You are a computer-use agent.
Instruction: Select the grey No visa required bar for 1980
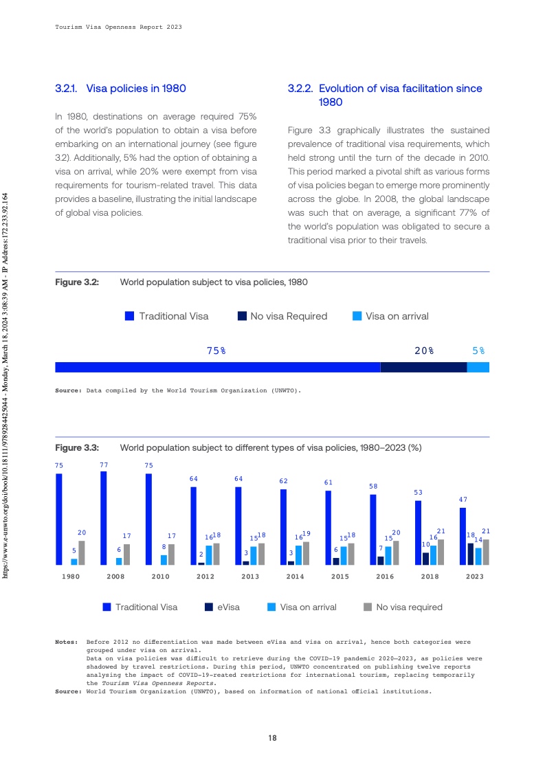click(x=82, y=552)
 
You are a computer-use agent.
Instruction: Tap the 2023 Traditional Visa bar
click(x=463, y=536)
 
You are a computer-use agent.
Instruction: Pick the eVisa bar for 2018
click(x=425, y=558)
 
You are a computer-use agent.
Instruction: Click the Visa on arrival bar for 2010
click(x=164, y=559)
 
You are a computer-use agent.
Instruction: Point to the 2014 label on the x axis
click(x=295, y=577)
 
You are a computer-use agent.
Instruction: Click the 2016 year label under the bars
click(x=385, y=577)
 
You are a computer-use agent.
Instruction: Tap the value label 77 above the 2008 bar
click(x=104, y=465)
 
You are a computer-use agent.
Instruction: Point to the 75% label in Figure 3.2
click(x=216, y=350)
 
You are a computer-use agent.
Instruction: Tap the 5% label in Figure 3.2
click(x=478, y=350)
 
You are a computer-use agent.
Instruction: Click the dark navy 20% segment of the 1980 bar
click(x=423, y=367)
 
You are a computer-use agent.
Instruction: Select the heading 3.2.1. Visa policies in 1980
click(x=120, y=89)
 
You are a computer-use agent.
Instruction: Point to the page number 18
click(x=272, y=738)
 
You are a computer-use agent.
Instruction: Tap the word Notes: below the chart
click(x=67, y=642)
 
